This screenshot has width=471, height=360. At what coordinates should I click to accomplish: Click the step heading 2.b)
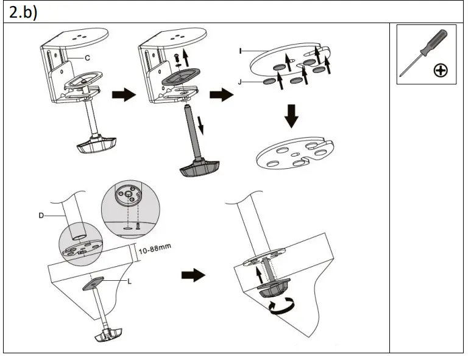[x=21, y=13]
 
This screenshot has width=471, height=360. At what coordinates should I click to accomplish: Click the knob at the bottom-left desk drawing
[x=108, y=334]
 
